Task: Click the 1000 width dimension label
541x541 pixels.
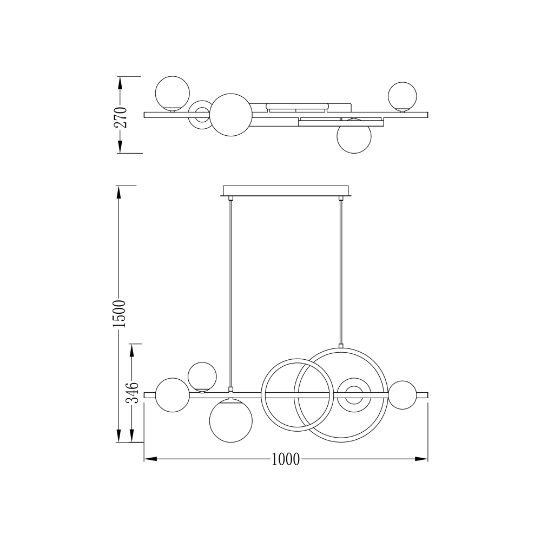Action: coord(286,459)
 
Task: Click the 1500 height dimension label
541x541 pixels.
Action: coord(120,314)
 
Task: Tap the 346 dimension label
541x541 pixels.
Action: coord(132,393)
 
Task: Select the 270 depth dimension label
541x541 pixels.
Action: coord(121,117)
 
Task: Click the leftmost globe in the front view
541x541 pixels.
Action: coord(173,395)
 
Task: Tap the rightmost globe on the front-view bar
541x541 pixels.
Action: coord(403,395)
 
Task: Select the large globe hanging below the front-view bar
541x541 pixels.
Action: coord(231,421)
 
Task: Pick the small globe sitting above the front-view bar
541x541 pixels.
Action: coord(202,377)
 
